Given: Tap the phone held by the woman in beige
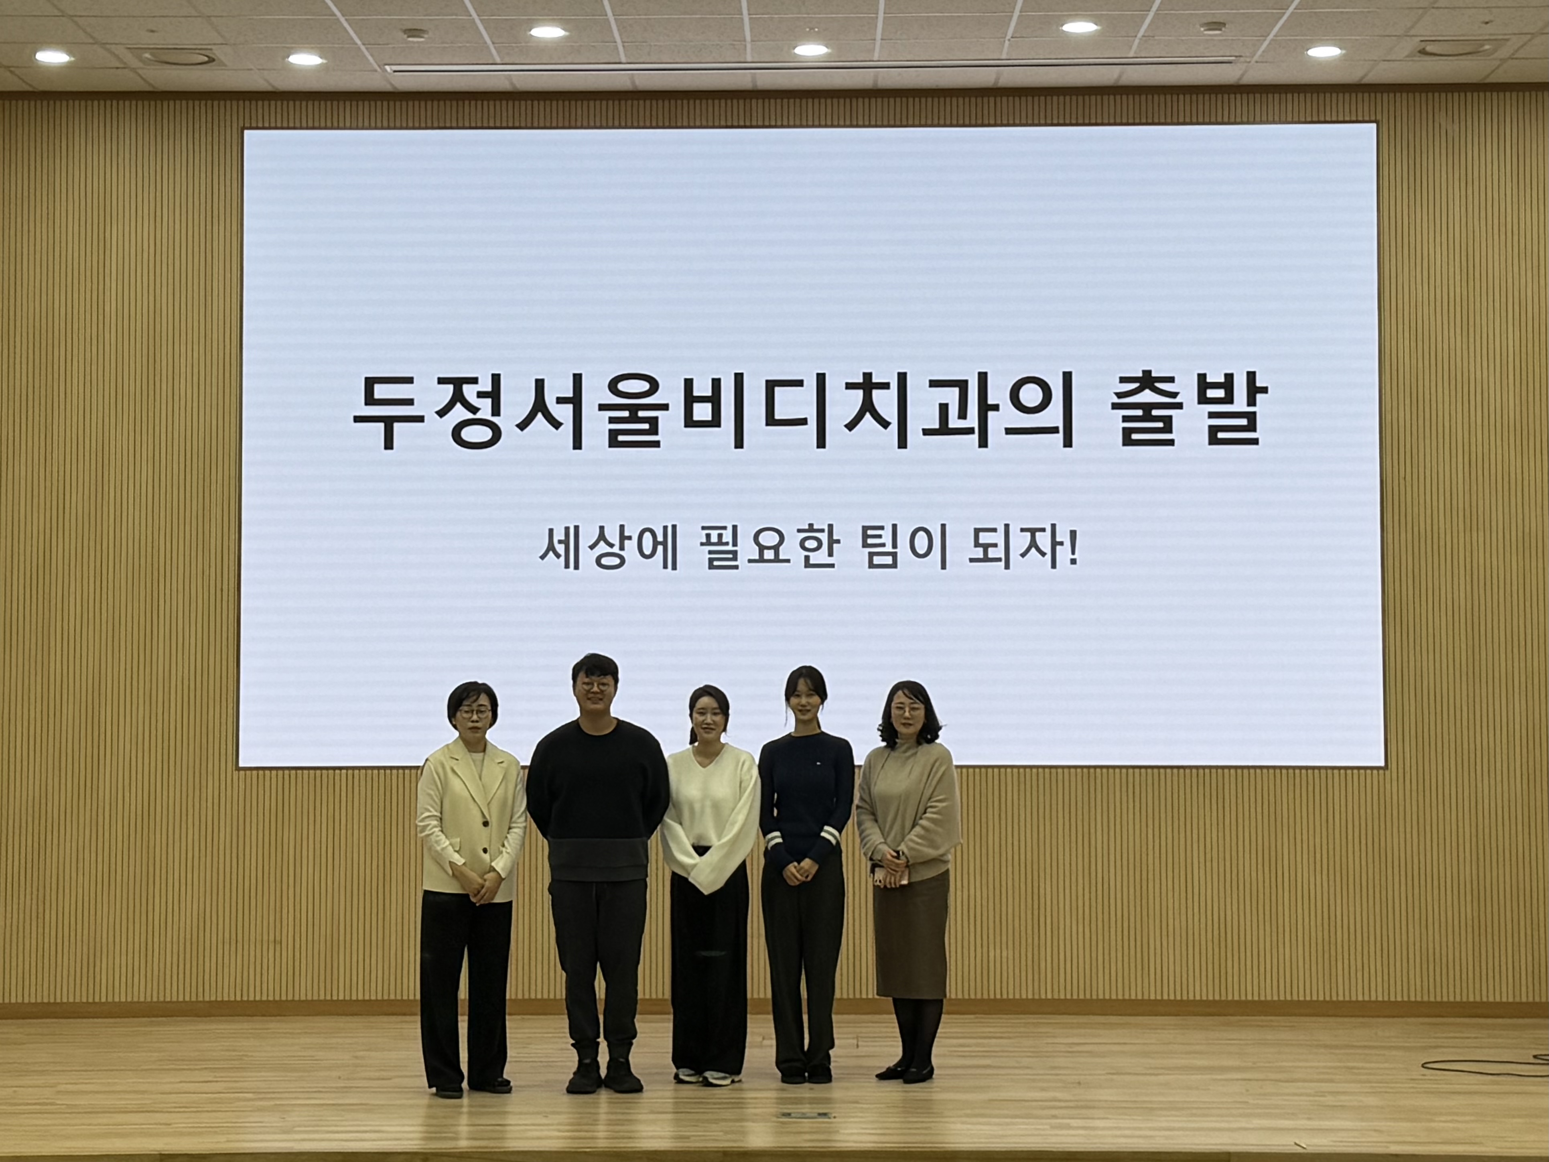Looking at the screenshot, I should click(x=876, y=876).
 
